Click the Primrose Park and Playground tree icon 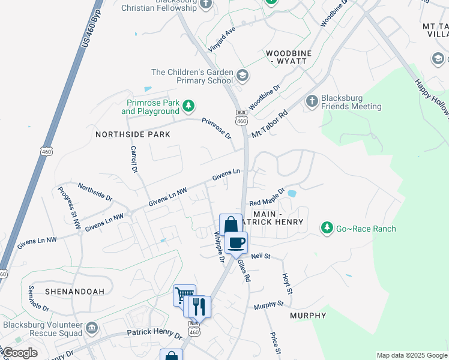coord(188,106)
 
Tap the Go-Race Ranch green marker coord(327,228)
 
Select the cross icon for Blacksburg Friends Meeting coord(312,101)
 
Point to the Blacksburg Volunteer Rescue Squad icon coord(91,328)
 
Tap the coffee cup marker coord(237,242)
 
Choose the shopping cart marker coord(184,295)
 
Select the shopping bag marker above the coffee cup coord(231,225)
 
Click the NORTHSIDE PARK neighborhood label coord(133,134)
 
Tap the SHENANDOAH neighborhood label coord(74,292)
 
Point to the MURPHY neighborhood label coord(308,316)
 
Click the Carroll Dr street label coord(134,158)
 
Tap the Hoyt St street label coord(287,283)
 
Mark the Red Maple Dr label coord(267,197)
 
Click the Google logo coord(19,352)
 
